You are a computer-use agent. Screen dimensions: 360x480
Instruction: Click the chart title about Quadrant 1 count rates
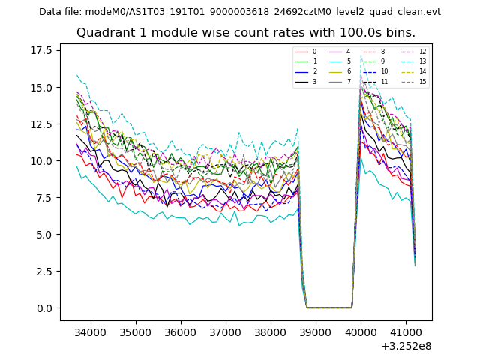click(x=245, y=33)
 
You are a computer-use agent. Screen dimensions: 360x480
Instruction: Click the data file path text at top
click(x=240, y=12)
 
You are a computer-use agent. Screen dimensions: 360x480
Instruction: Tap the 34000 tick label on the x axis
click(x=91, y=331)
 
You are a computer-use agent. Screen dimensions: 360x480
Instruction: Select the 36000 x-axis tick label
click(x=181, y=331)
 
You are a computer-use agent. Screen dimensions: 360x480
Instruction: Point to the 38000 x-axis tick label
click(x=271, y=331)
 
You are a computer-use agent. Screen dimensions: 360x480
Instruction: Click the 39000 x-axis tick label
click(x=316, y=331)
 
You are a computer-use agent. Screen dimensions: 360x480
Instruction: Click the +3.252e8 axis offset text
click(x=406, y=346)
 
